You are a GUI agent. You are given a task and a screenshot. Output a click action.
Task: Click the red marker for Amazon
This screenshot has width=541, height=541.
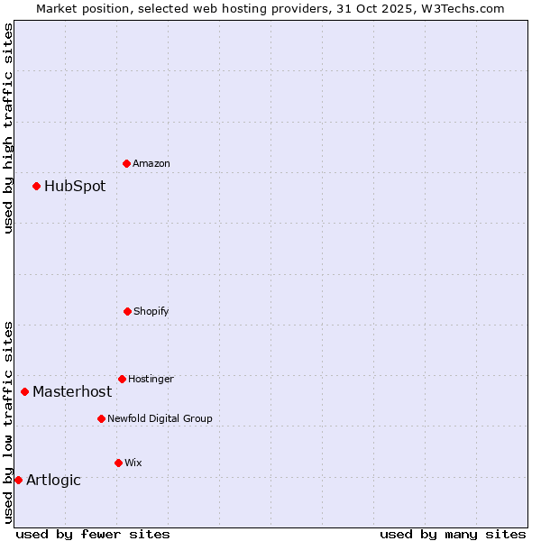[126, 163]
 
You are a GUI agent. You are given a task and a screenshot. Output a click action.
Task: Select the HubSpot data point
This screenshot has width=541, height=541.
[36, 186]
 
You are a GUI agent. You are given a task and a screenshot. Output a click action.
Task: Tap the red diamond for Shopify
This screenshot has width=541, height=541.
[127, 311]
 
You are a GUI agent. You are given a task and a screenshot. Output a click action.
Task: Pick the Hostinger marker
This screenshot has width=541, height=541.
[122, 379]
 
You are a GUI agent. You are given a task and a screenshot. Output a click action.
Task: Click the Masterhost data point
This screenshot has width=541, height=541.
[24, 391]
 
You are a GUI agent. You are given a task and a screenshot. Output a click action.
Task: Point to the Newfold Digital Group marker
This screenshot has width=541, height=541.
[101, 418]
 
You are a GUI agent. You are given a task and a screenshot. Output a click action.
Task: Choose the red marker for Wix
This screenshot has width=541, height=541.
[118, 463]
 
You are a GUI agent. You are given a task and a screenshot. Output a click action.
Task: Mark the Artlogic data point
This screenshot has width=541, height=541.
[18, 480]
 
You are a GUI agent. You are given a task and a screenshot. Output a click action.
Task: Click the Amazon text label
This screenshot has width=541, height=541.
[151, 163]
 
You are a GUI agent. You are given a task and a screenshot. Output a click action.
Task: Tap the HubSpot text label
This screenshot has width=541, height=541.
[75, 186]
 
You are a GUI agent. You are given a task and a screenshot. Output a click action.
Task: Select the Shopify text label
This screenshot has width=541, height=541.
[151, 311]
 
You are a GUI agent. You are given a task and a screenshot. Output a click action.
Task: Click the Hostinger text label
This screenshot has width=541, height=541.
[151, 379]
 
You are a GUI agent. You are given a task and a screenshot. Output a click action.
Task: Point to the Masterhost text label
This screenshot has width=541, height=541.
[72, 391]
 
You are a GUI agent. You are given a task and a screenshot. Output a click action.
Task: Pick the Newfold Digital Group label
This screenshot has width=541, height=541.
[160, 418]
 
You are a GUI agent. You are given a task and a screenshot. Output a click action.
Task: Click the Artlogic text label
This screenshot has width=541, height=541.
[53, 480]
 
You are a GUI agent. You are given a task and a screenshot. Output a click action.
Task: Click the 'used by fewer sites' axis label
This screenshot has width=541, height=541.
[93, 534]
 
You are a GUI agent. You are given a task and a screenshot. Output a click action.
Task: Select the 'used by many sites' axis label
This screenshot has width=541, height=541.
[453, 534]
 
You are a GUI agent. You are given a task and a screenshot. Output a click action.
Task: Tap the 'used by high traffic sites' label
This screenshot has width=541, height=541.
[8, 128]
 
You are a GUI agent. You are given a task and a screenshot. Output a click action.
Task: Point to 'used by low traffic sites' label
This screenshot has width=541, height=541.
[8, 422]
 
